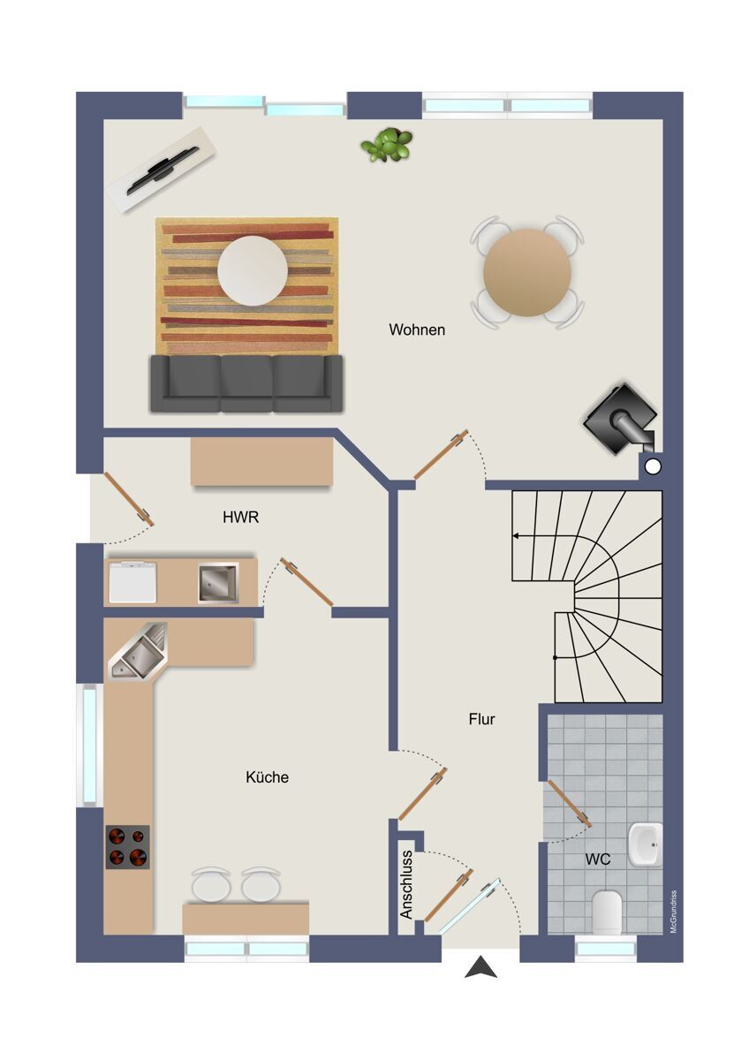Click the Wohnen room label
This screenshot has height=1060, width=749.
coord(417,329)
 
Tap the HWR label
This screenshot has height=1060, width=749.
coord(241,518)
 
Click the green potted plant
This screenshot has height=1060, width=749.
coord(387,144)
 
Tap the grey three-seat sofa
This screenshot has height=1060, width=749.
coord(246,383)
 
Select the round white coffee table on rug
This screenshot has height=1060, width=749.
coord(253,270)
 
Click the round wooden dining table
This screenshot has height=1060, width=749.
coord(527,273)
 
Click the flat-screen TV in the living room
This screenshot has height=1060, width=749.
coord(163,170)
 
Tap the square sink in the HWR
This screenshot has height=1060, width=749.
coord(218,584)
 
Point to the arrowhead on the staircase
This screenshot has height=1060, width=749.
coord(516,536)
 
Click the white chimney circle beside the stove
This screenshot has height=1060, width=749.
coord(653,466)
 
